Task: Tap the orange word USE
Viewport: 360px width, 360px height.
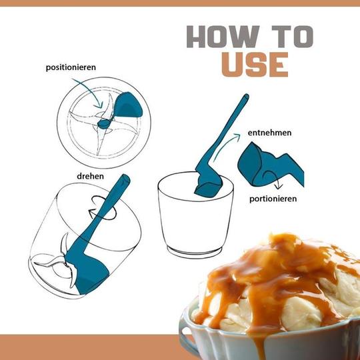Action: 255,65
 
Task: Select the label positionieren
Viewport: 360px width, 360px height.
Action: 71,67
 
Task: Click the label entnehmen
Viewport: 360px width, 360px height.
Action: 269,133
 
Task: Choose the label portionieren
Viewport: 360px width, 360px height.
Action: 273,199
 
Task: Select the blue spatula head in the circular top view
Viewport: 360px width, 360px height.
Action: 128,105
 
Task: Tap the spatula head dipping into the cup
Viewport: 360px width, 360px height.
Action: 209,185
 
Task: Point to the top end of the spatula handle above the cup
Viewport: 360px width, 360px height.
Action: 247,96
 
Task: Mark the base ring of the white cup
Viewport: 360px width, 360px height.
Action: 195,251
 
